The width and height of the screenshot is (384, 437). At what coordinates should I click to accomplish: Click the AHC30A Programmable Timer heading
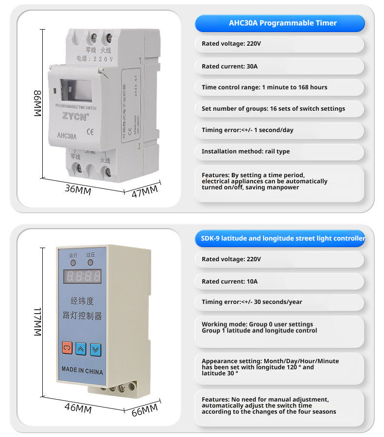(x=279, y=23)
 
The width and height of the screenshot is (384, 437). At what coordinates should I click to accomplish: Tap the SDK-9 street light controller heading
(x=279, y=238)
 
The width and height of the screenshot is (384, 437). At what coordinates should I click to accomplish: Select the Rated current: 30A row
(x=279, y=66)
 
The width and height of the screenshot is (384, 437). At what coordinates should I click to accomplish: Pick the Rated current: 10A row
(x=279, y=281)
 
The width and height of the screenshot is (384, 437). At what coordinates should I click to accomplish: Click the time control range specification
(x=279, y=87)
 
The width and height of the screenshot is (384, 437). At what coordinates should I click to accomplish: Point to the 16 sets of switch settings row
(x=279, y=109)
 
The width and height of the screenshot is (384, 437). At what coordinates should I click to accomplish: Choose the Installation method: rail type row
(x=279, y=151)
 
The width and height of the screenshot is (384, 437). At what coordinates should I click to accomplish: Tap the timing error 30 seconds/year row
(x=279, y=302)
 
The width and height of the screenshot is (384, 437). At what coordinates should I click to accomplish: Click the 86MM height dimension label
(x=38, y=103)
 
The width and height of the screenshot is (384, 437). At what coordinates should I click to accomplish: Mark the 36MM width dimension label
(x=78, y=189)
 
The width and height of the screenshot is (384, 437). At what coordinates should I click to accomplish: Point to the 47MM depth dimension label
(x=145, y=191)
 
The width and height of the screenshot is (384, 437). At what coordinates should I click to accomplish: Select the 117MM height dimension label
(x=38, y=322)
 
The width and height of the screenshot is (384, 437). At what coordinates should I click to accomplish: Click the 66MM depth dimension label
(x=145, y=409)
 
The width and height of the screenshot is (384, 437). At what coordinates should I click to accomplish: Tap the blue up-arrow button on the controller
(x=81, y=348)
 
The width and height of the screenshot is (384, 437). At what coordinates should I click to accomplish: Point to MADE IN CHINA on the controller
(x=82, y=370)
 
